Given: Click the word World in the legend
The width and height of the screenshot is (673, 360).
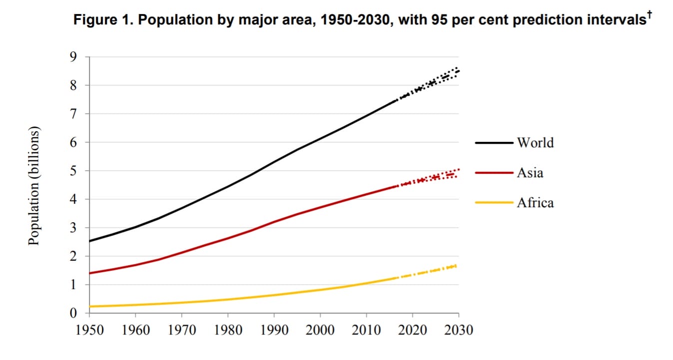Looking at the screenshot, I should (x=535, y=143).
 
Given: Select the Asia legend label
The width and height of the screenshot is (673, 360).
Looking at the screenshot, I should (x=530, y=173).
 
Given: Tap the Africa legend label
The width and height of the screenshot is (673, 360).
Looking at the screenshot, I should (x=535, y=203).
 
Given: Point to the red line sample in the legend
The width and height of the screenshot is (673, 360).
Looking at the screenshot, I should (x=494, y=173).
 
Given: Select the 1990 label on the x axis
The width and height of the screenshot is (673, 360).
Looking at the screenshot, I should (x=274, y=330).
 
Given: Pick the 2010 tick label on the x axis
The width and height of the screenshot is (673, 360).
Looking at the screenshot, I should (x=366, y=330).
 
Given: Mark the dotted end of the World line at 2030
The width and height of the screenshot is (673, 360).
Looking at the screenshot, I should (x=458, y=71).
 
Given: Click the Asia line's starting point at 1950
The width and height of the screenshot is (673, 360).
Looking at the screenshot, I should (x=89, y=273).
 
